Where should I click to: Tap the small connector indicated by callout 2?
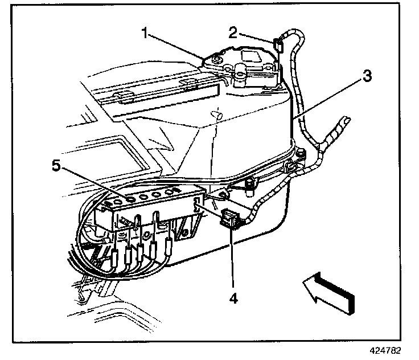tap(278, 43)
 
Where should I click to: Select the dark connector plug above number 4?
tap(229, 219)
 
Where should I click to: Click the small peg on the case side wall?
tap(217, 114)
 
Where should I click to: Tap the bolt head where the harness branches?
tap(249, 184)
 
